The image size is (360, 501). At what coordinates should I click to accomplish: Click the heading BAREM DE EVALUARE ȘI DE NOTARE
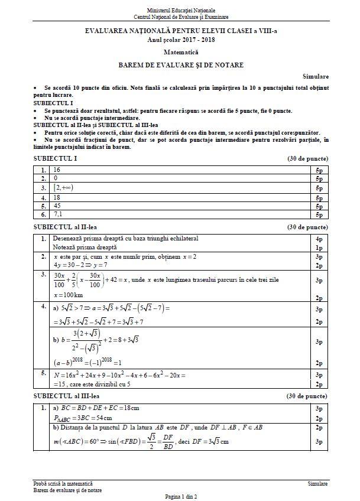click(x=180, y=65)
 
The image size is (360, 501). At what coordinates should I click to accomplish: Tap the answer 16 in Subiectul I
click(x=57, y=170)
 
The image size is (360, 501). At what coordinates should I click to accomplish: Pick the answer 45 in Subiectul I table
click(x=57, y=206)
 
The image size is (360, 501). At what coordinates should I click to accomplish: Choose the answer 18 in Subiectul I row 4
click(x=57, y=197)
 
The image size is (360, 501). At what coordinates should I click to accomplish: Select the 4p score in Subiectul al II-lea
click(x=319, y=239)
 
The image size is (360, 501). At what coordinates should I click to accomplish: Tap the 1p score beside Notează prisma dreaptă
click(x=319, y=248)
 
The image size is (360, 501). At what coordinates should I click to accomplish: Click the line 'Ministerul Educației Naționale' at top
click(x=180, y=11)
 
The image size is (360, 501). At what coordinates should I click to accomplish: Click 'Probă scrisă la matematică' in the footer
click(x=63, y=483)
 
